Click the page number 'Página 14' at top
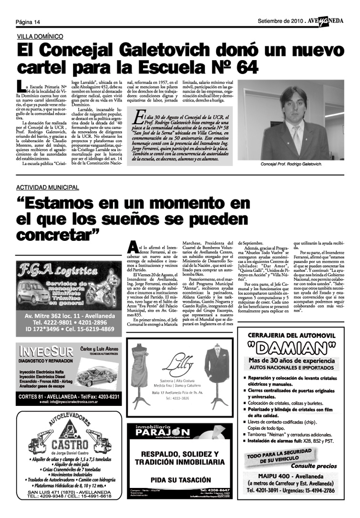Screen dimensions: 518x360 coord(27,22)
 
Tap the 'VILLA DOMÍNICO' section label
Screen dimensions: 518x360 coord(40,36)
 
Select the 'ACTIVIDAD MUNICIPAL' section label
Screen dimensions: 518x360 coord(48,187)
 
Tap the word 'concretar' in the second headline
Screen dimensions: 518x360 coord(55,234)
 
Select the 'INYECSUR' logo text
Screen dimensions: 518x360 coord(46,352)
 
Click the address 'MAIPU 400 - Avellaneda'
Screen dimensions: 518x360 coord(293,476)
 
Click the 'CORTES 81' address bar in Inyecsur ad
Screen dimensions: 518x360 coord(68,396)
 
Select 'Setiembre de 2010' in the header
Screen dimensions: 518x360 coord(280,21)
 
